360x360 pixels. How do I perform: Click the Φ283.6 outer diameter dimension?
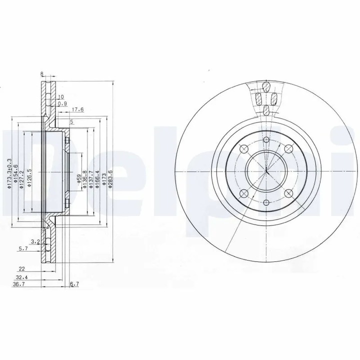(x=110, y=179)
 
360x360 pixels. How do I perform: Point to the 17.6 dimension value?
(x=77, y=110)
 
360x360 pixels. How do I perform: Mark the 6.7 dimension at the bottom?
(x=74, y=284)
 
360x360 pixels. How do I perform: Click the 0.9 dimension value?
(x=62, y=103)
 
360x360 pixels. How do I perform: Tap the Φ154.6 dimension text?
(x=15, y=173)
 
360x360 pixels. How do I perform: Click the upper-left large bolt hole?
(x=244, y=149)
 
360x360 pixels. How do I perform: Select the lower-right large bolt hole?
(x=288, y=194)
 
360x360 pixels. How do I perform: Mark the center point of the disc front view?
(x=266, y=171)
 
